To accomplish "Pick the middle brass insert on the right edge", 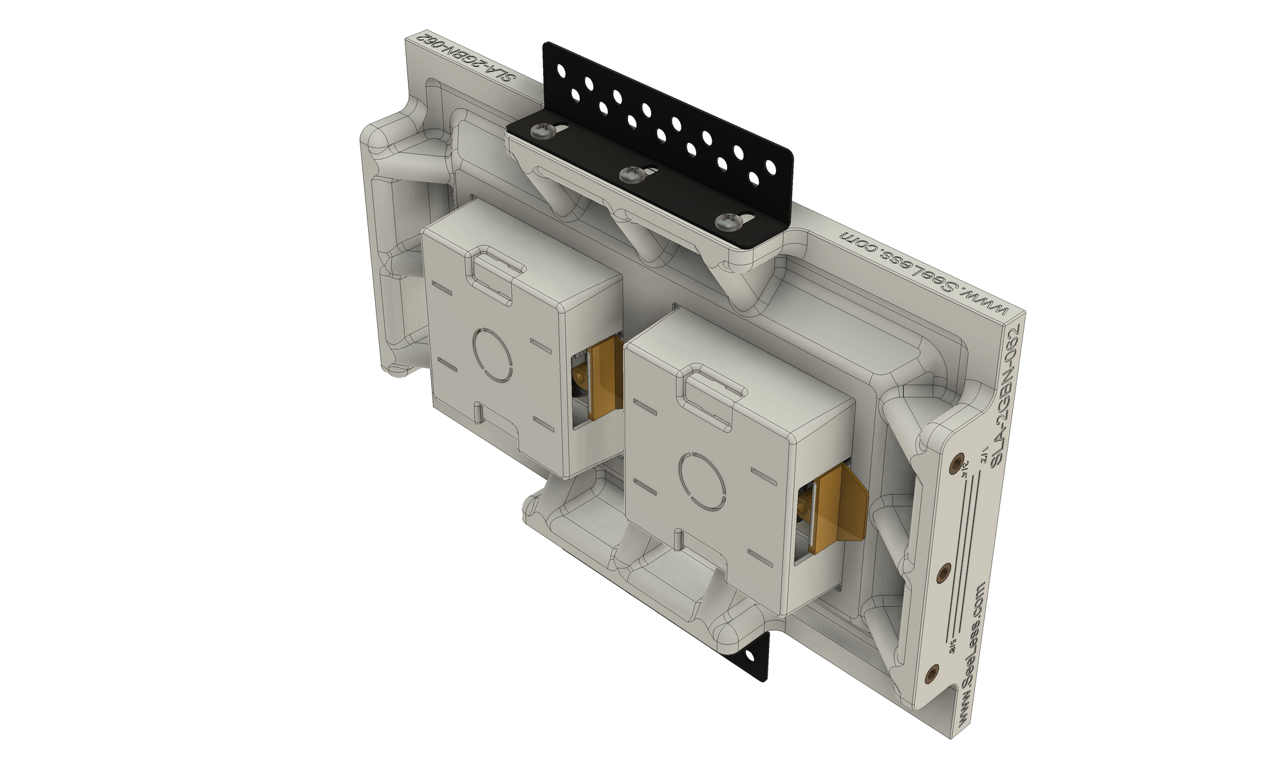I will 945,572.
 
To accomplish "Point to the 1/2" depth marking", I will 983,455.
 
